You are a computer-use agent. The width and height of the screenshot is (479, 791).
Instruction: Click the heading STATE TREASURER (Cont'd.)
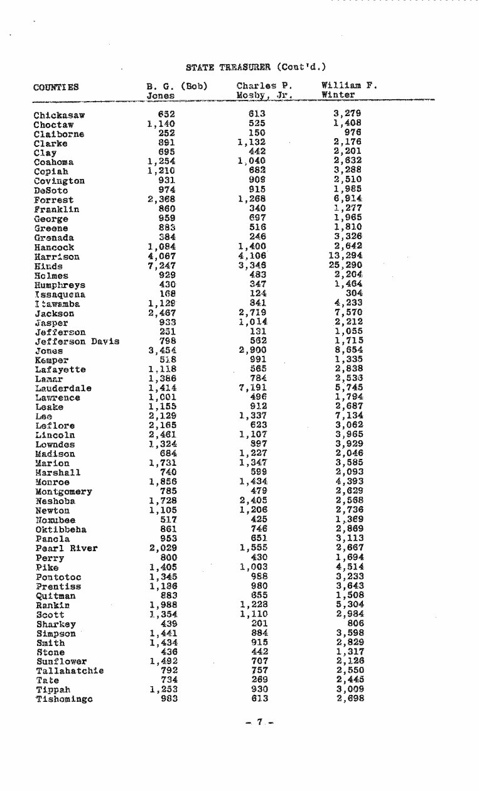click(256, 67)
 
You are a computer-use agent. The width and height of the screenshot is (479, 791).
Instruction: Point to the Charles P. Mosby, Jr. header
click(264, 90)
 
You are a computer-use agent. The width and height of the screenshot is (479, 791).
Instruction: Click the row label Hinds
click(47, 266)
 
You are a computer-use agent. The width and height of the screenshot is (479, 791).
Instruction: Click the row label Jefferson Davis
click(77, 341)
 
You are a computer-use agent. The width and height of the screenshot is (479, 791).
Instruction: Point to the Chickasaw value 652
click(166, 114)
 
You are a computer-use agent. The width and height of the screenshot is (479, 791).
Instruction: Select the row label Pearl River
click(66, 548)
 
